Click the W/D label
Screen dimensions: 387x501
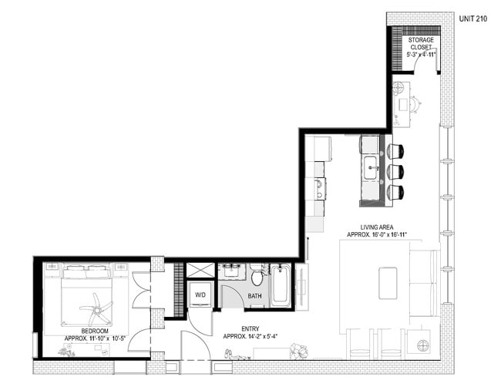pyautogui.click(x=200, y=294)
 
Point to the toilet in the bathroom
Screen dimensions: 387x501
pyautogui.click(x=257, y=275)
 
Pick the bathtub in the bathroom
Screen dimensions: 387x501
pyautogui.click(x=281, y=285)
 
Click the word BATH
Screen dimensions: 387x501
pyautogui.click(x=254, y=296)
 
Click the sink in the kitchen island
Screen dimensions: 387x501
pyautogui.click(x=371, y=167)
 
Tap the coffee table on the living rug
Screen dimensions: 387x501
pyautogui.click(x=388, y=283)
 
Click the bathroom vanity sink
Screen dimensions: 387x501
pyautogui.click(x=231, y=273)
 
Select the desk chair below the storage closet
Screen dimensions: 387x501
pyautogui.click(x=414, y=103)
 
